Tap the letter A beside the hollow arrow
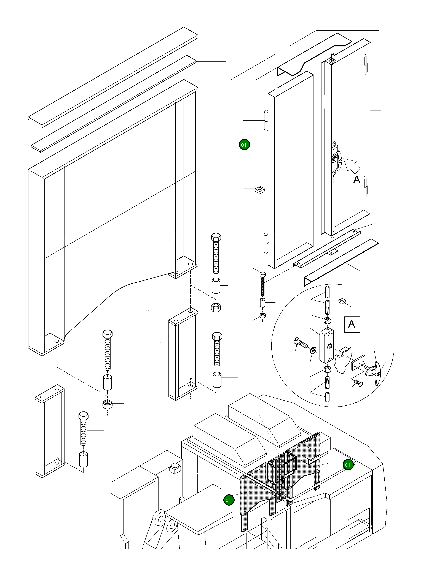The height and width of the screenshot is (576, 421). click(x=356, y=180)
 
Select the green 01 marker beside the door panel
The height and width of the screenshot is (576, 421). click(x=244, y=145)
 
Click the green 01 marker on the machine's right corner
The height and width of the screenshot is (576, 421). click(x=348, y=465)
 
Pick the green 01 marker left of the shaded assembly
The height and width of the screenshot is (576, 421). click(x=229, y=500)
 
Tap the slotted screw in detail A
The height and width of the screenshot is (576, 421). click(x=301, y=343)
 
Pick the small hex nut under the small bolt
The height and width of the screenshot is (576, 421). click(x=263, y=316)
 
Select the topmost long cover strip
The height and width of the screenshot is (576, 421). click(x=113, y=77)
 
